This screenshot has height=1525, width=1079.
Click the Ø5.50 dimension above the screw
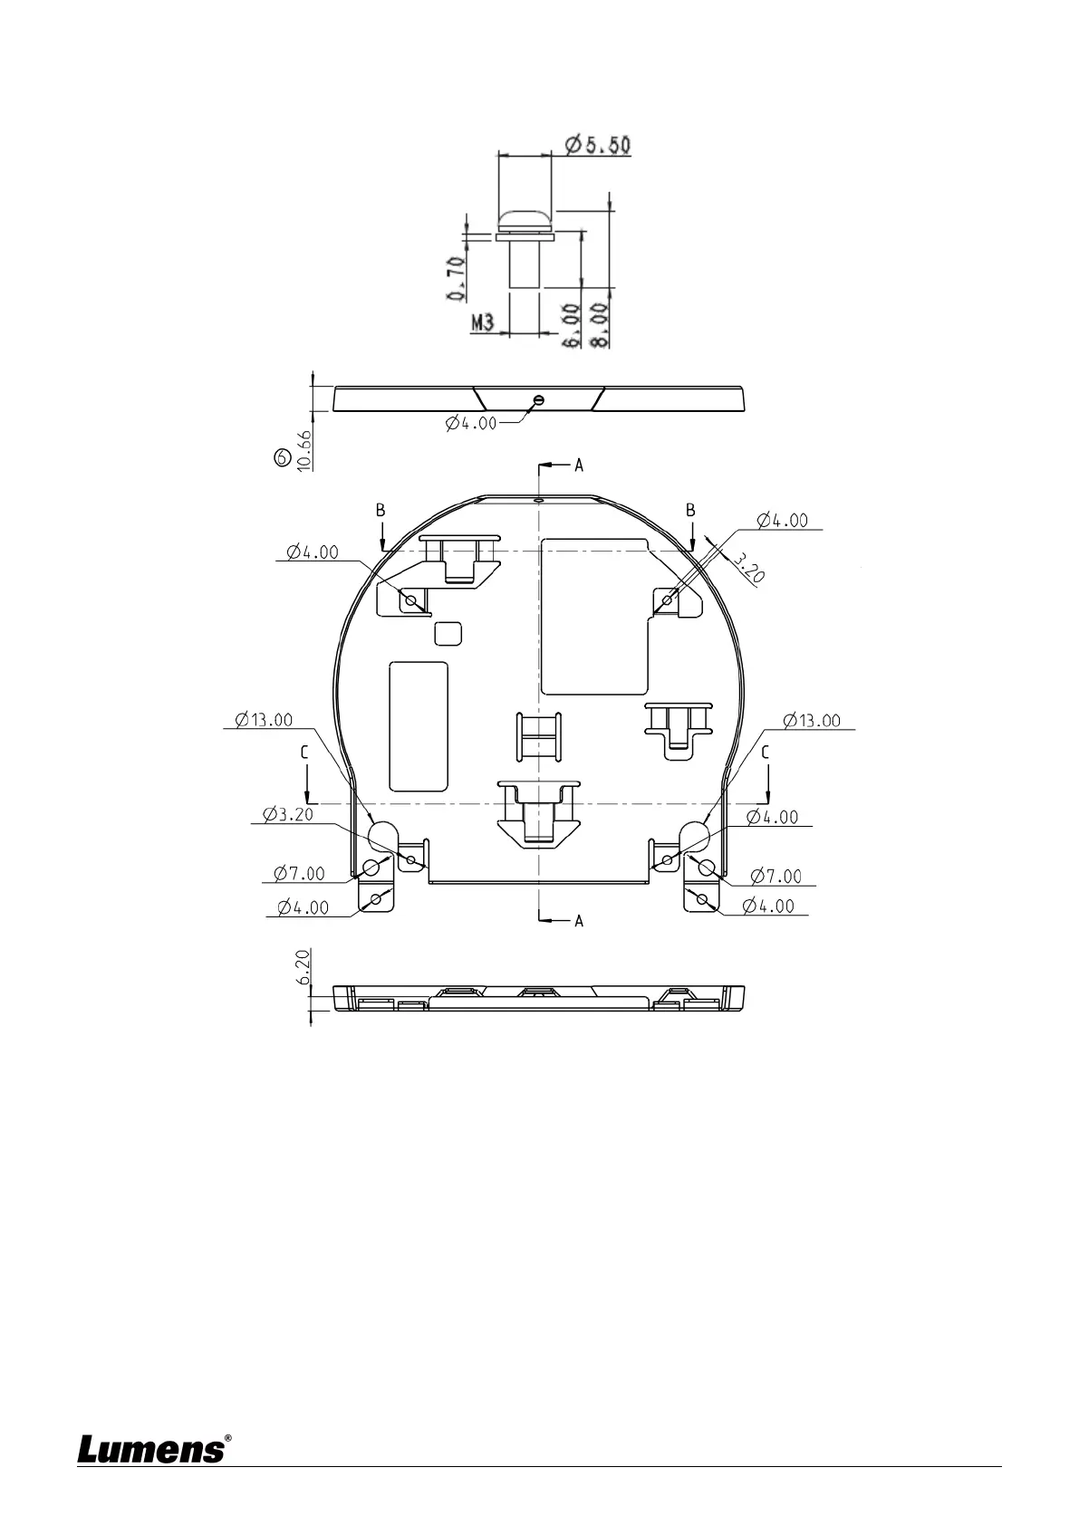(x=598, y=145)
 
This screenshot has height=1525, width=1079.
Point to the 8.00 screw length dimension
(x=600, y=325)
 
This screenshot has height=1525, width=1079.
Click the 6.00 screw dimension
(x=573, y=325)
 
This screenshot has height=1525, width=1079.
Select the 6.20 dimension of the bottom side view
(x=303, y=967)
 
